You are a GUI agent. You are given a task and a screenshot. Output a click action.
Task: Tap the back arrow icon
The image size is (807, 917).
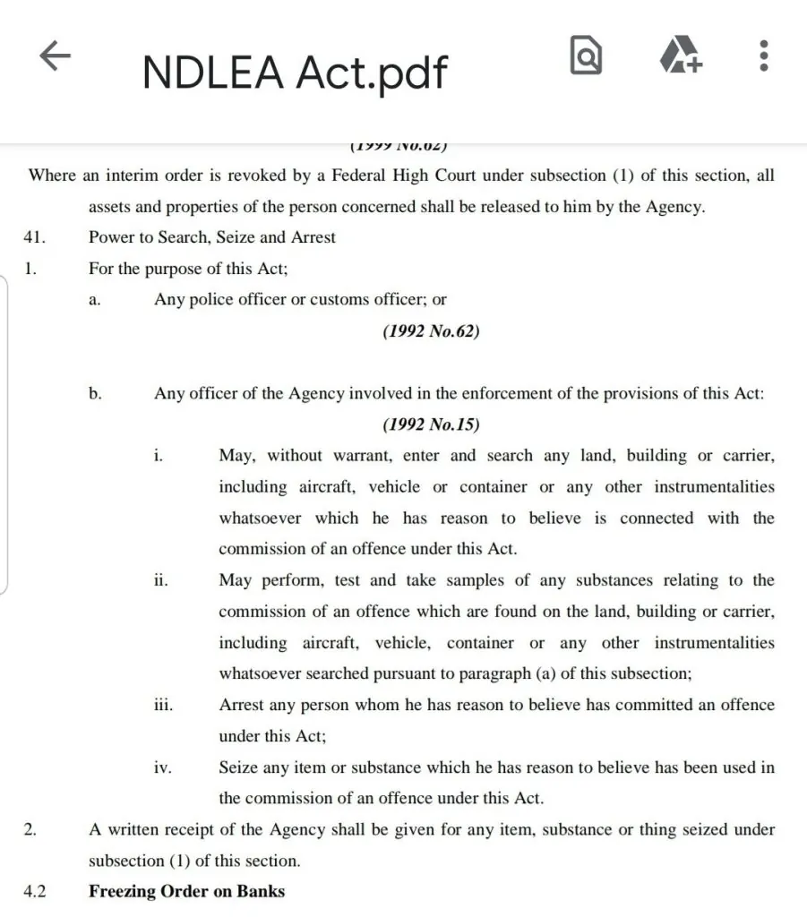tap(55, 58)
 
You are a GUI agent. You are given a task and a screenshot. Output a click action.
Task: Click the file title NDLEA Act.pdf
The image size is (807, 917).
tap(295, 72)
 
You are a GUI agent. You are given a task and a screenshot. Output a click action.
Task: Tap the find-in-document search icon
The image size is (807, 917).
tap(586, 58)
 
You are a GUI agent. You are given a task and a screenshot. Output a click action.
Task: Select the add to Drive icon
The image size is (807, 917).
tap(681, 57)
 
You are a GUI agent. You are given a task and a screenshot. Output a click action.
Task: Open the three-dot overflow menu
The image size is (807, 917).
tap(763, 56)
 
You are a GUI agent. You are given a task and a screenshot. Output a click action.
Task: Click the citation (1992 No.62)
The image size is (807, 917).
tap(431, 331)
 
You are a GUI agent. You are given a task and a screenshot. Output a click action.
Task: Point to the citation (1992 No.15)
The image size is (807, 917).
tap(431, 424)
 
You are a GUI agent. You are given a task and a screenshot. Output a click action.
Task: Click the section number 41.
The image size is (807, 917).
tap(34, 237)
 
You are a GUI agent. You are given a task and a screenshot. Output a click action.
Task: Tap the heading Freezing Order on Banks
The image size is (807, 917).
tap(186, 891)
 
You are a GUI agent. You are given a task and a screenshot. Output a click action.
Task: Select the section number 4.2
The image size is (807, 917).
tap(34, 891)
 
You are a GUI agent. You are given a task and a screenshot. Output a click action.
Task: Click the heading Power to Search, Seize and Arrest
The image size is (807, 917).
tap(212, 237)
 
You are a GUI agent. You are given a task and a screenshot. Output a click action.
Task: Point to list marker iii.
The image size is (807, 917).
tap(163, 705)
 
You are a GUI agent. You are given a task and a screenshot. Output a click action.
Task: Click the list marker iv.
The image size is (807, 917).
tap(162, 767)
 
